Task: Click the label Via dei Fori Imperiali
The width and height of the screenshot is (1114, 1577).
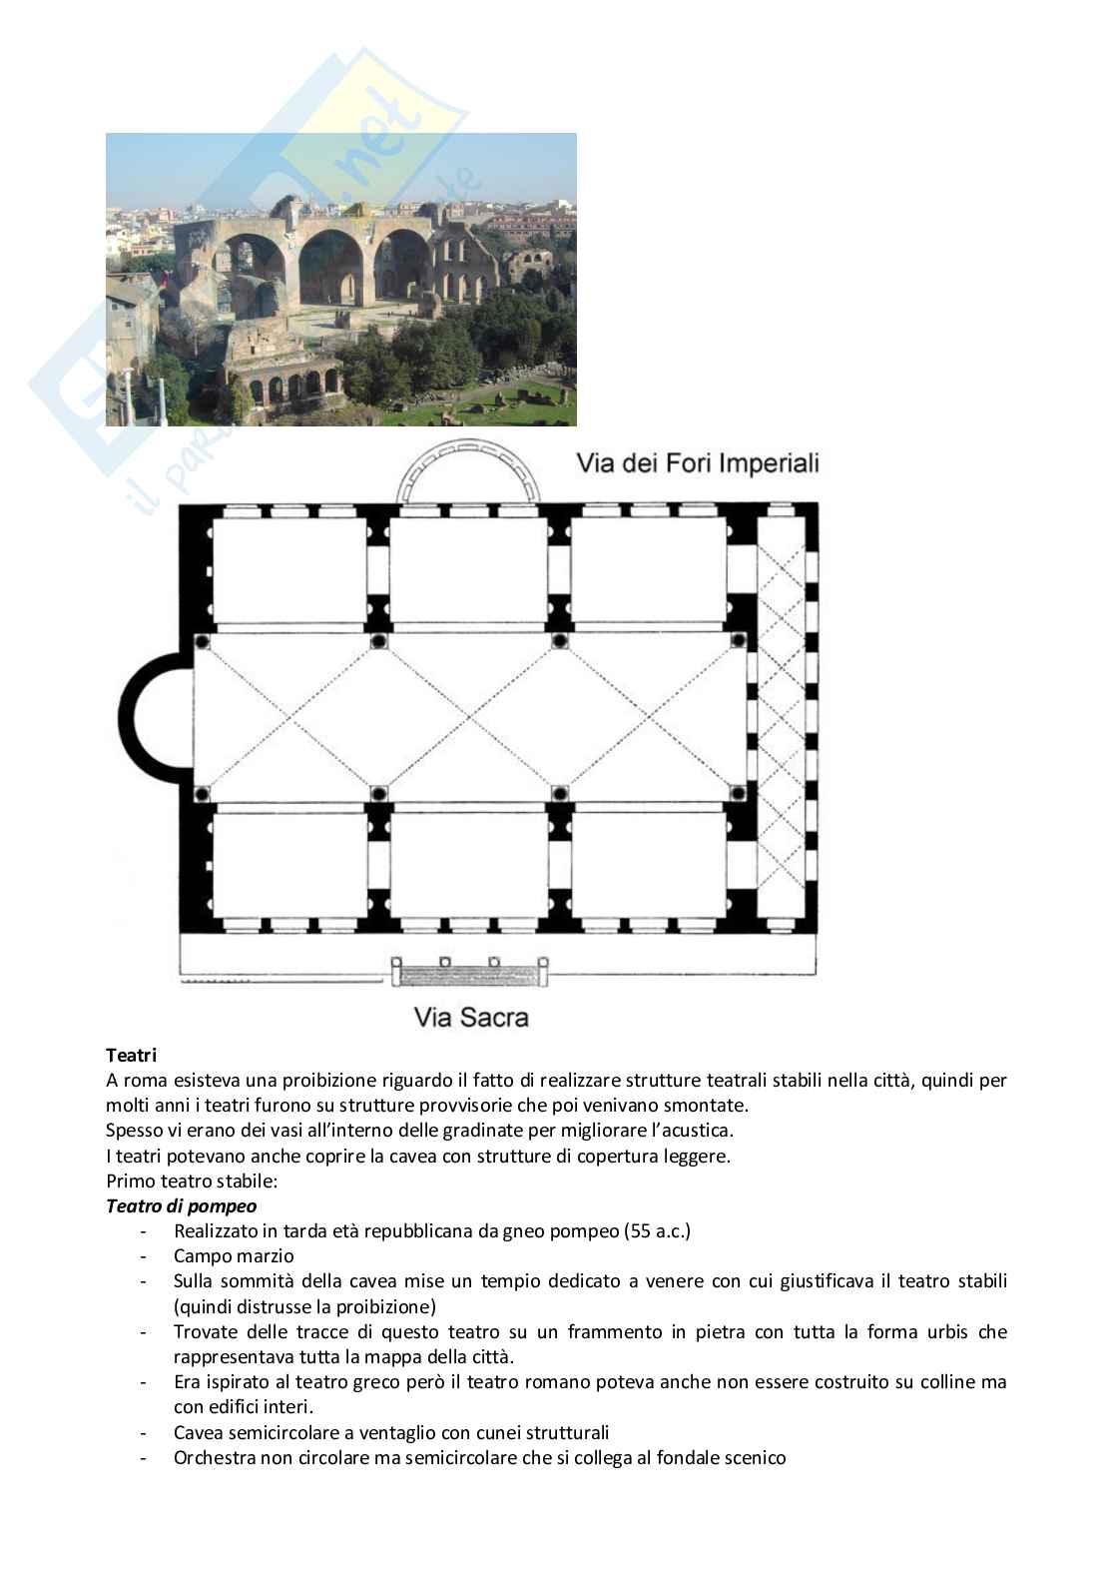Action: (x=697, y=463)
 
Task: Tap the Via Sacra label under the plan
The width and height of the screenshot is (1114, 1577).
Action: (x=470, y=1018)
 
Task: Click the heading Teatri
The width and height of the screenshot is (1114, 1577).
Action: (x=131, y=1055)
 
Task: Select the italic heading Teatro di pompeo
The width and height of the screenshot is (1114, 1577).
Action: (x=181, y=1205)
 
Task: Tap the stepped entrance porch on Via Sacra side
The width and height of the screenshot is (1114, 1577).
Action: (x=469, y=971)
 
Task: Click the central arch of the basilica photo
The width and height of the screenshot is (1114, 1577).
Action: (x=329, y=265)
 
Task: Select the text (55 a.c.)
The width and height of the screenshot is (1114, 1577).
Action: (x=657, y=1230)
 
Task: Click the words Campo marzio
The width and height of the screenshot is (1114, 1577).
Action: (x=234, y=1255)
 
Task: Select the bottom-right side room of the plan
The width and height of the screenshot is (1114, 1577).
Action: (x=648, y=865)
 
